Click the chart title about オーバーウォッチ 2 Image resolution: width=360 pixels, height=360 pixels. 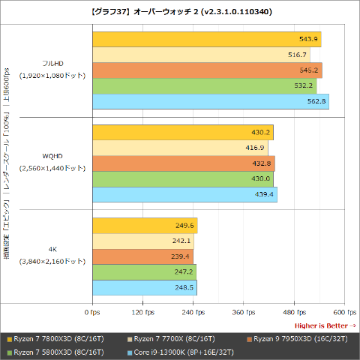tap(180, 12)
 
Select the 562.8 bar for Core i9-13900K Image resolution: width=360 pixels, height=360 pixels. tap(210, 102)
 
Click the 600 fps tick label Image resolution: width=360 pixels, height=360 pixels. tap(344, 311)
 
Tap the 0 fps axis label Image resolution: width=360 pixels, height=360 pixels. tap(91, 311)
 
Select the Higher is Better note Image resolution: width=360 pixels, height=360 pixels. tap(325, 325)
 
